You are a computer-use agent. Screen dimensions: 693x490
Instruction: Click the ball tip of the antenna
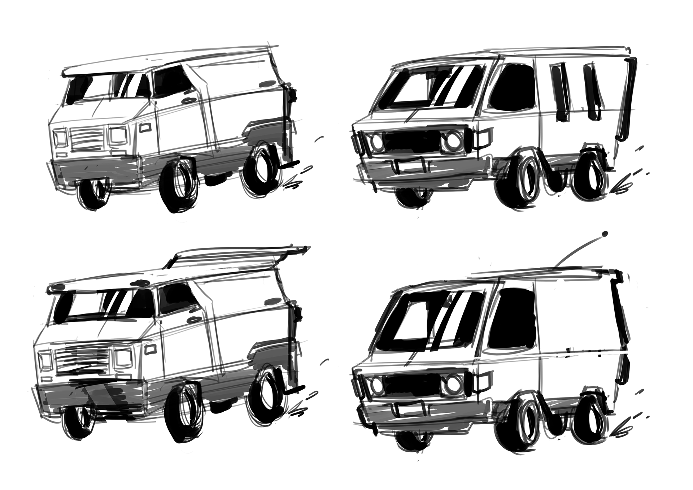[x=605, y=233]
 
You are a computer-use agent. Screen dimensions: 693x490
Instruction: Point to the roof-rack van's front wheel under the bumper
[x=78, y=428]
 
